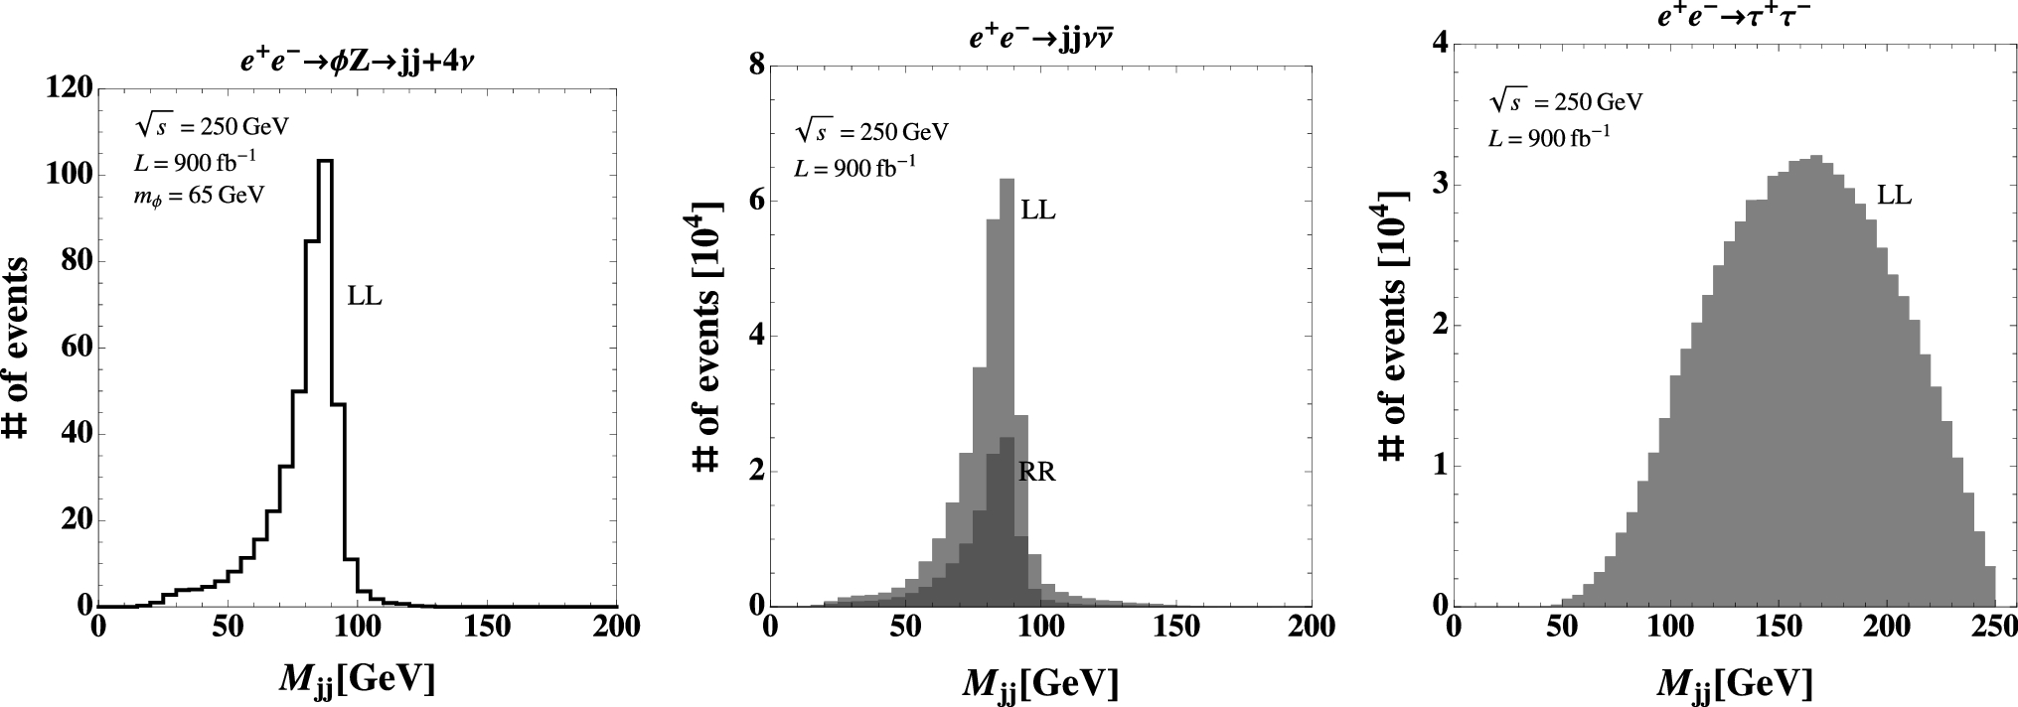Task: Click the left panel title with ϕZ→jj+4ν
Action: point(357,60)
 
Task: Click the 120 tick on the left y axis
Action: point(70,88)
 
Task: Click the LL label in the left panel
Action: point(365,295)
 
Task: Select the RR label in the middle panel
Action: point(1036,473)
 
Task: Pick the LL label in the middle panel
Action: point(1037,211)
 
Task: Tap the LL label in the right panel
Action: point(1894,197)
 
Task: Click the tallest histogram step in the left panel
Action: point(324,161)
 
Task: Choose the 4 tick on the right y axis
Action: point(1439,44)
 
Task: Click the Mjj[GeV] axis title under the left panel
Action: point(357,681)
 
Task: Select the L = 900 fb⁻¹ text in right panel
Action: point(1549,139)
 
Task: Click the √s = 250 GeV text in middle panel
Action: point(871,132)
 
